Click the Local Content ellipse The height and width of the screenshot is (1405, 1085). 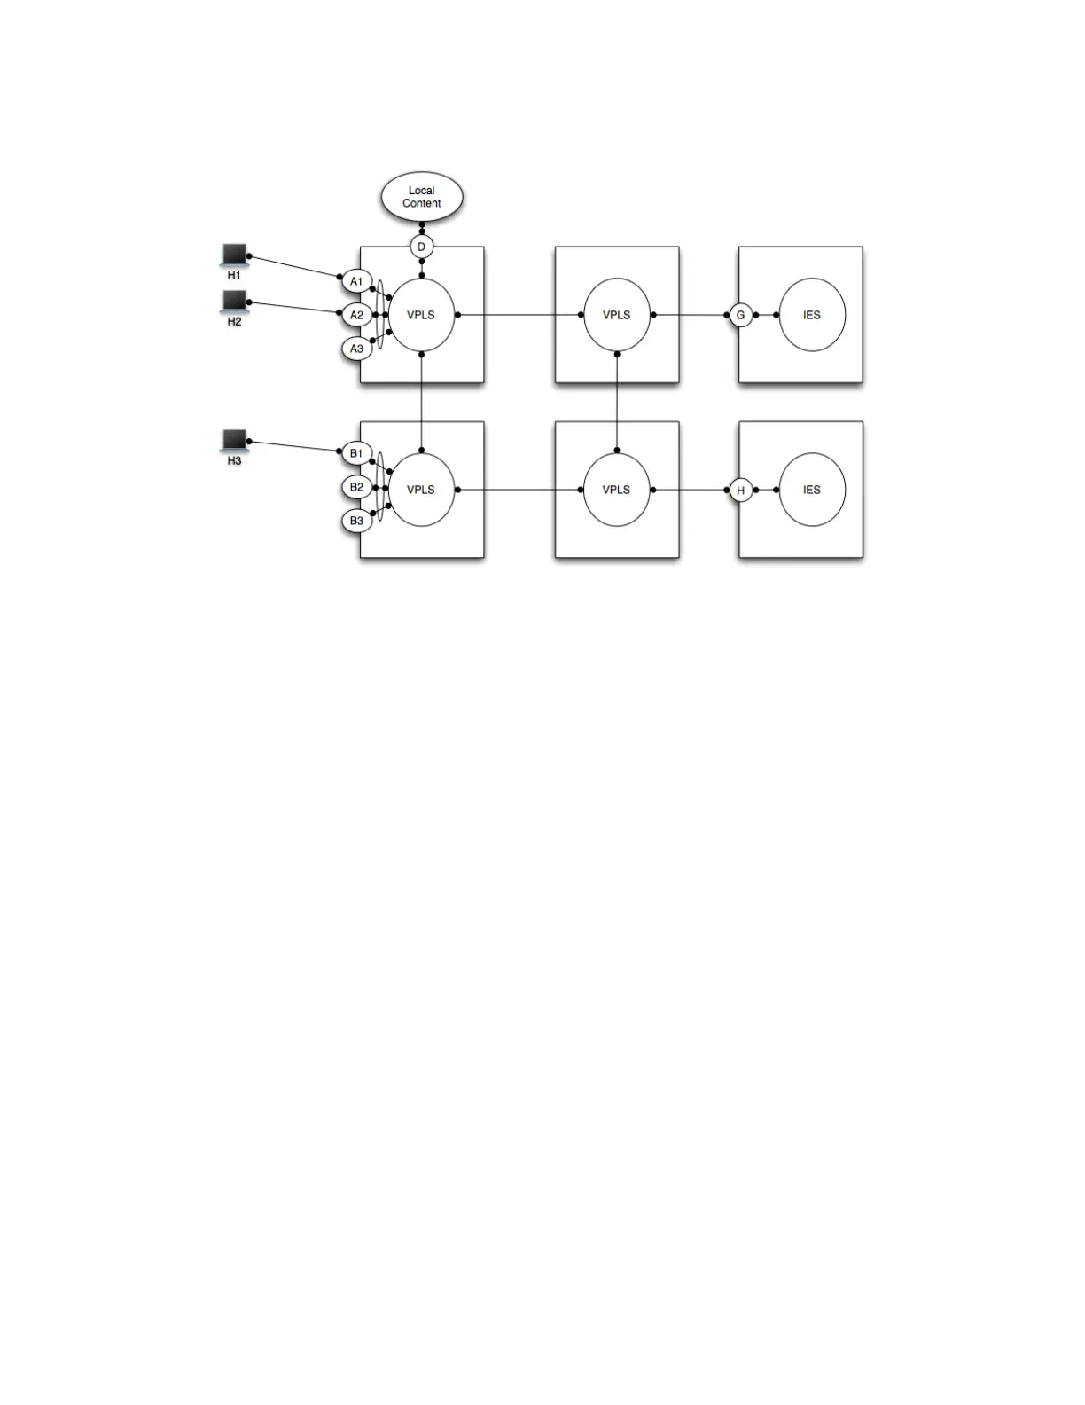[x=422, y=197]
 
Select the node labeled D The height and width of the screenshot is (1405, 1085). [x=422, y=247]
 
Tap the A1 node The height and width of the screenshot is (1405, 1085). [x=356, y=282]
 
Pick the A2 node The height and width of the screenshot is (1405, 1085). [x=356, y=315]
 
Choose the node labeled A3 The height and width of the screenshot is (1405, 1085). [x=356, y=349]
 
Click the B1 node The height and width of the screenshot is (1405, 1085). [x=356, y=454]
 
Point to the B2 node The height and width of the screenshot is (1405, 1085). [x=356, y=487]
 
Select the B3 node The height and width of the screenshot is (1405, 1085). [x=356, y=521]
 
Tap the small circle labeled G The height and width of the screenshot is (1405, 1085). [x=741, y=315]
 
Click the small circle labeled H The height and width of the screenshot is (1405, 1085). [x=741, y=490]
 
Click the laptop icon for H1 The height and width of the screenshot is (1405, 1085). [x=234, y=255]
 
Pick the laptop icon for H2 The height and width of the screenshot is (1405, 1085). [x=234, y=302]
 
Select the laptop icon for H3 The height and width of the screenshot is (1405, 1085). [x=234, y=441]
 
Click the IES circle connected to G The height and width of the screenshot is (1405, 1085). [x=812, y=315]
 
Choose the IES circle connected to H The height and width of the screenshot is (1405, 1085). [x=812, y=490]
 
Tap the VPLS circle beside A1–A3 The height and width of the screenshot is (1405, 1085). [x=422, y=315]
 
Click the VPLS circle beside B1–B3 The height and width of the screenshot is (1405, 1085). [x=422, y=490]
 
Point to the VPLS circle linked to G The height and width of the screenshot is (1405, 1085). [x=617, y=315]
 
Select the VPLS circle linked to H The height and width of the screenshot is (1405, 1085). [x=617, y=490]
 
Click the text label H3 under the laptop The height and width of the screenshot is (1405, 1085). [x=234, y=461]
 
